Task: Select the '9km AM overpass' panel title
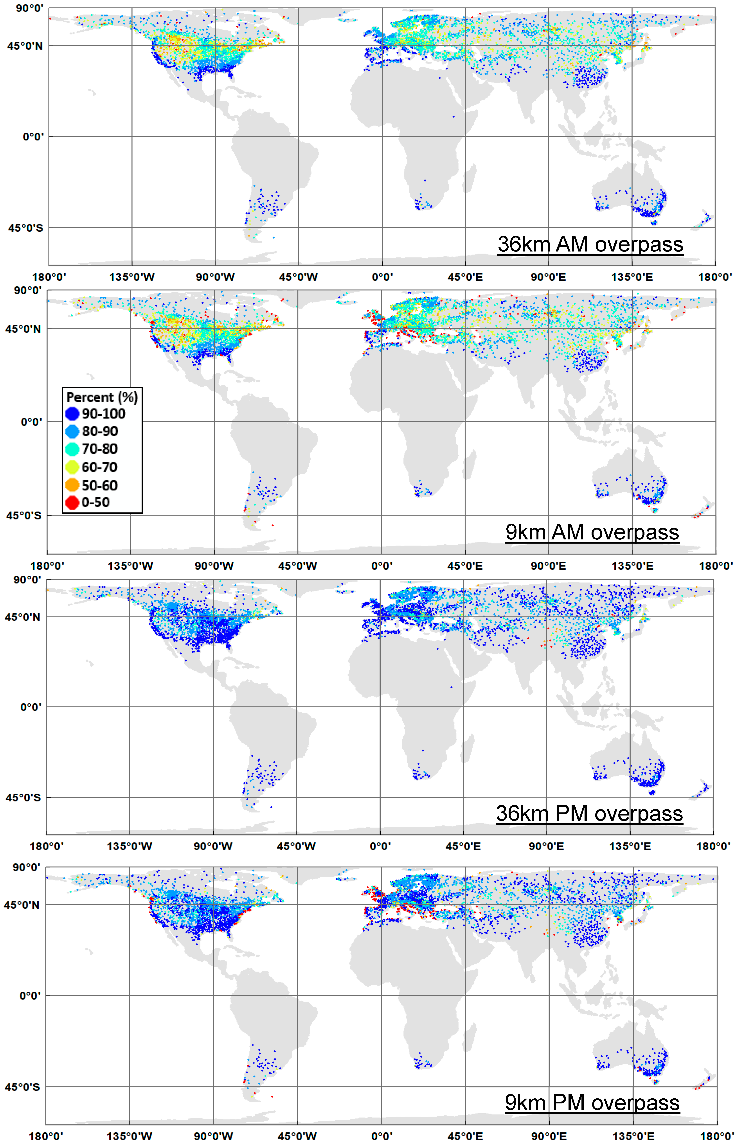click(x=592, y=532)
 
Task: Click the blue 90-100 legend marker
click(x=72, y=414)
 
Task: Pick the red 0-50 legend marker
click(x=72, y=503)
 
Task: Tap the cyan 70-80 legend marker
click(x=72, y=449)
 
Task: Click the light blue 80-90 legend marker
click(x=72, y=431)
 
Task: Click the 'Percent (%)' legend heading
click(x=102, y=397)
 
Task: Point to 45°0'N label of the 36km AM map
click(x=25, y=46)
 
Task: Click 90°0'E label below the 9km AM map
click(x=548, y=566)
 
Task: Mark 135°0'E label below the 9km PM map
click(x=633, y=1136)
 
